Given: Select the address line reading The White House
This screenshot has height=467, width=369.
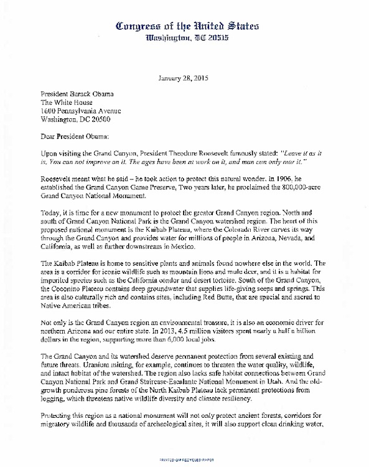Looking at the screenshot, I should click(x=67, y=102).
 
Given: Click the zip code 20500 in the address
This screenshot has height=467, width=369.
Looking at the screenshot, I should click(x=115, y=119).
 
